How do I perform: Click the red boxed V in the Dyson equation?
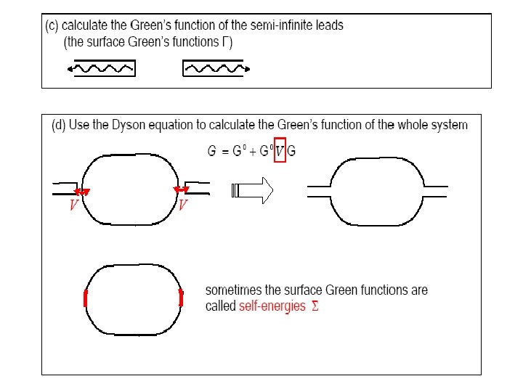279,150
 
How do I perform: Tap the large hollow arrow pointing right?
251,191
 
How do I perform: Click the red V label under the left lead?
73,205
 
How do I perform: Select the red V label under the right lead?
183,205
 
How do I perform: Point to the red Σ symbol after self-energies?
315,306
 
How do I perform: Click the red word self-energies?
272,306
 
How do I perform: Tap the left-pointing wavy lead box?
100,69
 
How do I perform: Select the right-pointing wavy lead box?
216,69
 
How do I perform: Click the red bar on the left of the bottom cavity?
86,298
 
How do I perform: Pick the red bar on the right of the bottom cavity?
181,298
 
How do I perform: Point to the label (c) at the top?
53,25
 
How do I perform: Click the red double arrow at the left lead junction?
83,192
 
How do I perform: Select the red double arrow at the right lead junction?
181,190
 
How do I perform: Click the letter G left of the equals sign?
211,151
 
